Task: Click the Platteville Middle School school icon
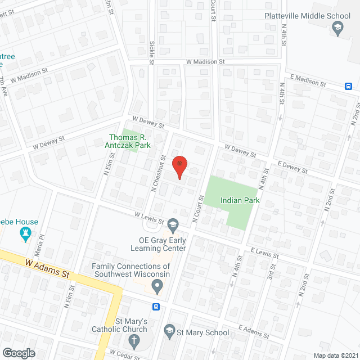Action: click(337, 27)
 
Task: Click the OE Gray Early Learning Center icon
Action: click(173, 225)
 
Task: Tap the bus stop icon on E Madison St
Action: click(349, 86)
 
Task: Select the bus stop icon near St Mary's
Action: click(156, 307)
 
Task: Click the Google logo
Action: click(19, 353)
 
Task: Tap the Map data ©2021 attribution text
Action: click(335, 355)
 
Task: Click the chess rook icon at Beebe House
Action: click(25, 234)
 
